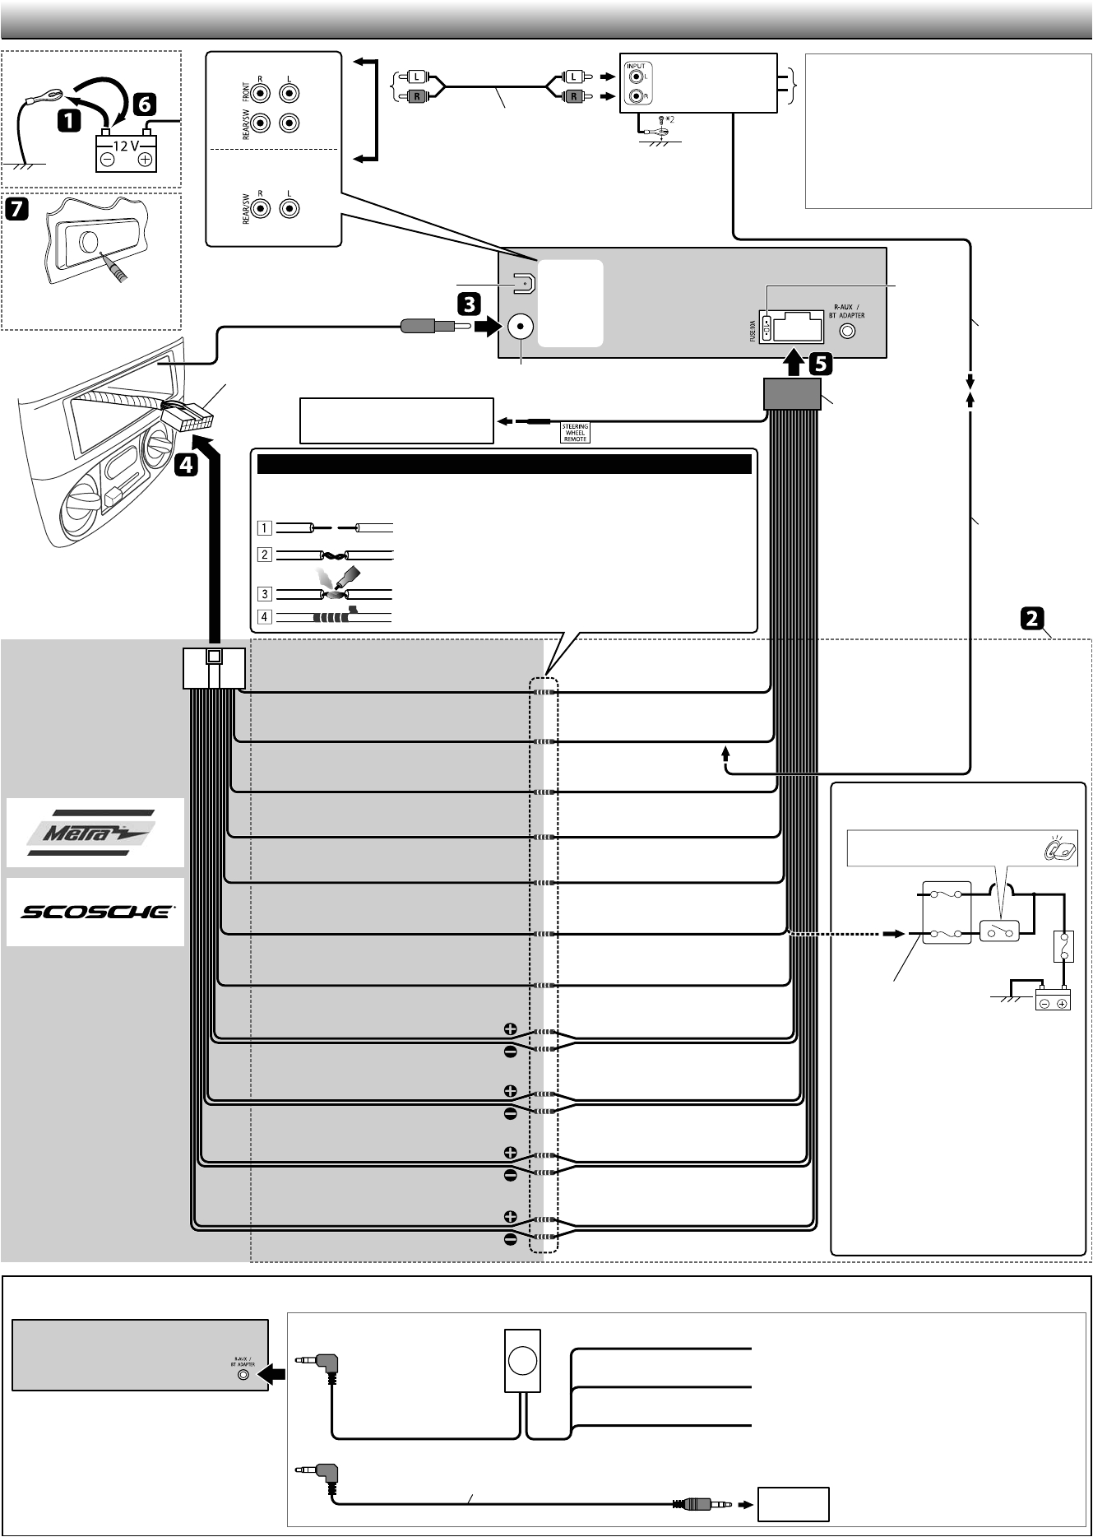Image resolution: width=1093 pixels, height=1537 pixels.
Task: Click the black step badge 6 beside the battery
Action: tap(143, 104)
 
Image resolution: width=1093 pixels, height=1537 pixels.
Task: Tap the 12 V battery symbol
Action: tap(126, 153)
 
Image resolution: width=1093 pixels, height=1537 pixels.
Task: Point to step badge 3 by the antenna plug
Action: tap(469, 304)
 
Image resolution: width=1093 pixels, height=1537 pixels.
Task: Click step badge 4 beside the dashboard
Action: tap(186, 465)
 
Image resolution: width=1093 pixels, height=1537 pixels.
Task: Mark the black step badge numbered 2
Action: tap(1033, 618)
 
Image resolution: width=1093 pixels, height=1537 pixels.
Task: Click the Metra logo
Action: tap(95, 833)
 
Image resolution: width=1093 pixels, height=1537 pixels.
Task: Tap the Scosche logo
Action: tap(95, 912)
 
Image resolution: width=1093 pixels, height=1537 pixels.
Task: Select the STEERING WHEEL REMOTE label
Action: tap(575, 433)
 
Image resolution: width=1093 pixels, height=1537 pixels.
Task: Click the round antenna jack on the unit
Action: tap(520, 327)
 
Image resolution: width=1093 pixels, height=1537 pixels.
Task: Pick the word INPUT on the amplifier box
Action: tap(636, 66)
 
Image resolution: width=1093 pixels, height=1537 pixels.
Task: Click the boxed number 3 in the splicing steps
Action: tap(264, 593)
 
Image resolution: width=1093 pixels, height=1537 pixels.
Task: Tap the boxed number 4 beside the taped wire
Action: tap(264, 616)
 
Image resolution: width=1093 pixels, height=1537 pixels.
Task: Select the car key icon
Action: tap(1060, 848)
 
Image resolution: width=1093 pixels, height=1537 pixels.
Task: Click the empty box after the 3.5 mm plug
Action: tap(793, 1504)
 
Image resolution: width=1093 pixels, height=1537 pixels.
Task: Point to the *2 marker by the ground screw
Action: tap(669, 119)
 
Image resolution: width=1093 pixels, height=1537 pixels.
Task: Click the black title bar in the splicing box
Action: tap(504, 464)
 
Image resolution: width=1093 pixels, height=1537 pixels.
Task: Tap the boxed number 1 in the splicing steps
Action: tap(264, 528)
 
